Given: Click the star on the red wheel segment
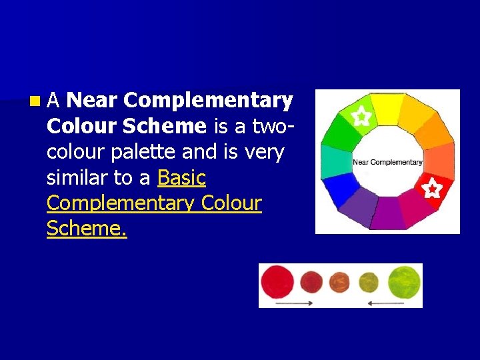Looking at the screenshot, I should coord(431,189).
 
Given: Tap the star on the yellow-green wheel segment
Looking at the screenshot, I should coord(361,117).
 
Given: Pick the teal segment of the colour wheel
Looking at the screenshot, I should coord(336,160).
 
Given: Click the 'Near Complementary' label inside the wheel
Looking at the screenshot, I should coord(387,162).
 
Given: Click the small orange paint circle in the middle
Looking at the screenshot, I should coord(339,283).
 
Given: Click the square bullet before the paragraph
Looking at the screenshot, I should coord(34,101).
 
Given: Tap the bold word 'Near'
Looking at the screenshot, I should coord(92,101).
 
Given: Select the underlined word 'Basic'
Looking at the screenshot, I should coord(181,178).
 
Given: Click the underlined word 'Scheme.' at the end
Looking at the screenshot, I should coord(87,229).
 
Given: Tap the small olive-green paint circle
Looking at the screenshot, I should coord(369,283).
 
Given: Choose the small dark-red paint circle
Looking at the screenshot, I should coord(311,283).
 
